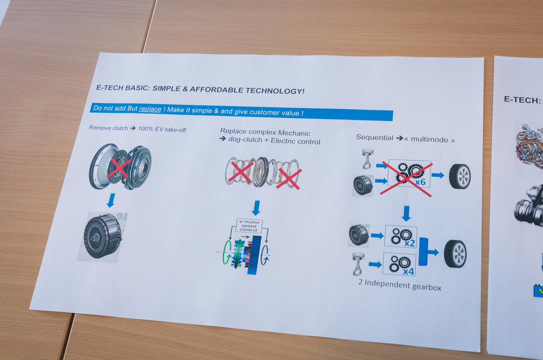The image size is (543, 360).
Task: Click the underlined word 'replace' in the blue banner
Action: coord(150,109)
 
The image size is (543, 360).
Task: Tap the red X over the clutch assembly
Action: coord(119,168)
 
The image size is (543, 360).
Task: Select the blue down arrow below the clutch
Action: coord(111,200)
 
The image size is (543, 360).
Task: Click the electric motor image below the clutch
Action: coord(103,236)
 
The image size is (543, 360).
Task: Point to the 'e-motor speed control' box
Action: coord(249,226)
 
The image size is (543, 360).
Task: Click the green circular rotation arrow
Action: coord(227,252)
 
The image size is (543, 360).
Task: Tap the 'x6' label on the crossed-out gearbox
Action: coord(420,182)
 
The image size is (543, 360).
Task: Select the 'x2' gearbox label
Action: coord(410,243)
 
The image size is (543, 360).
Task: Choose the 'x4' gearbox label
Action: coord(409,271)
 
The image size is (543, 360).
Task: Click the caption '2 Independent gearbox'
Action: coord(400,285)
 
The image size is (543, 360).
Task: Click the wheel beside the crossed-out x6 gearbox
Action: coord(460,176)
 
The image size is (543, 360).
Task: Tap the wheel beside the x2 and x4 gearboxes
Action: coord(455,254)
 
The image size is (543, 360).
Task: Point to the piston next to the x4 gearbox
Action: coord(358,264)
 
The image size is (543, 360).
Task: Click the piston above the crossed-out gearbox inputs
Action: coord(367,158)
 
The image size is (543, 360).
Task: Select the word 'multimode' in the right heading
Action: coord(429,139)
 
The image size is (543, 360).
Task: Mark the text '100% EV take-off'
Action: coord(162,130)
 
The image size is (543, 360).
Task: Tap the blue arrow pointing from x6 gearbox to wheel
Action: coord(438,175)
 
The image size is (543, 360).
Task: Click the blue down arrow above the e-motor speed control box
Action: coord(256,208)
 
